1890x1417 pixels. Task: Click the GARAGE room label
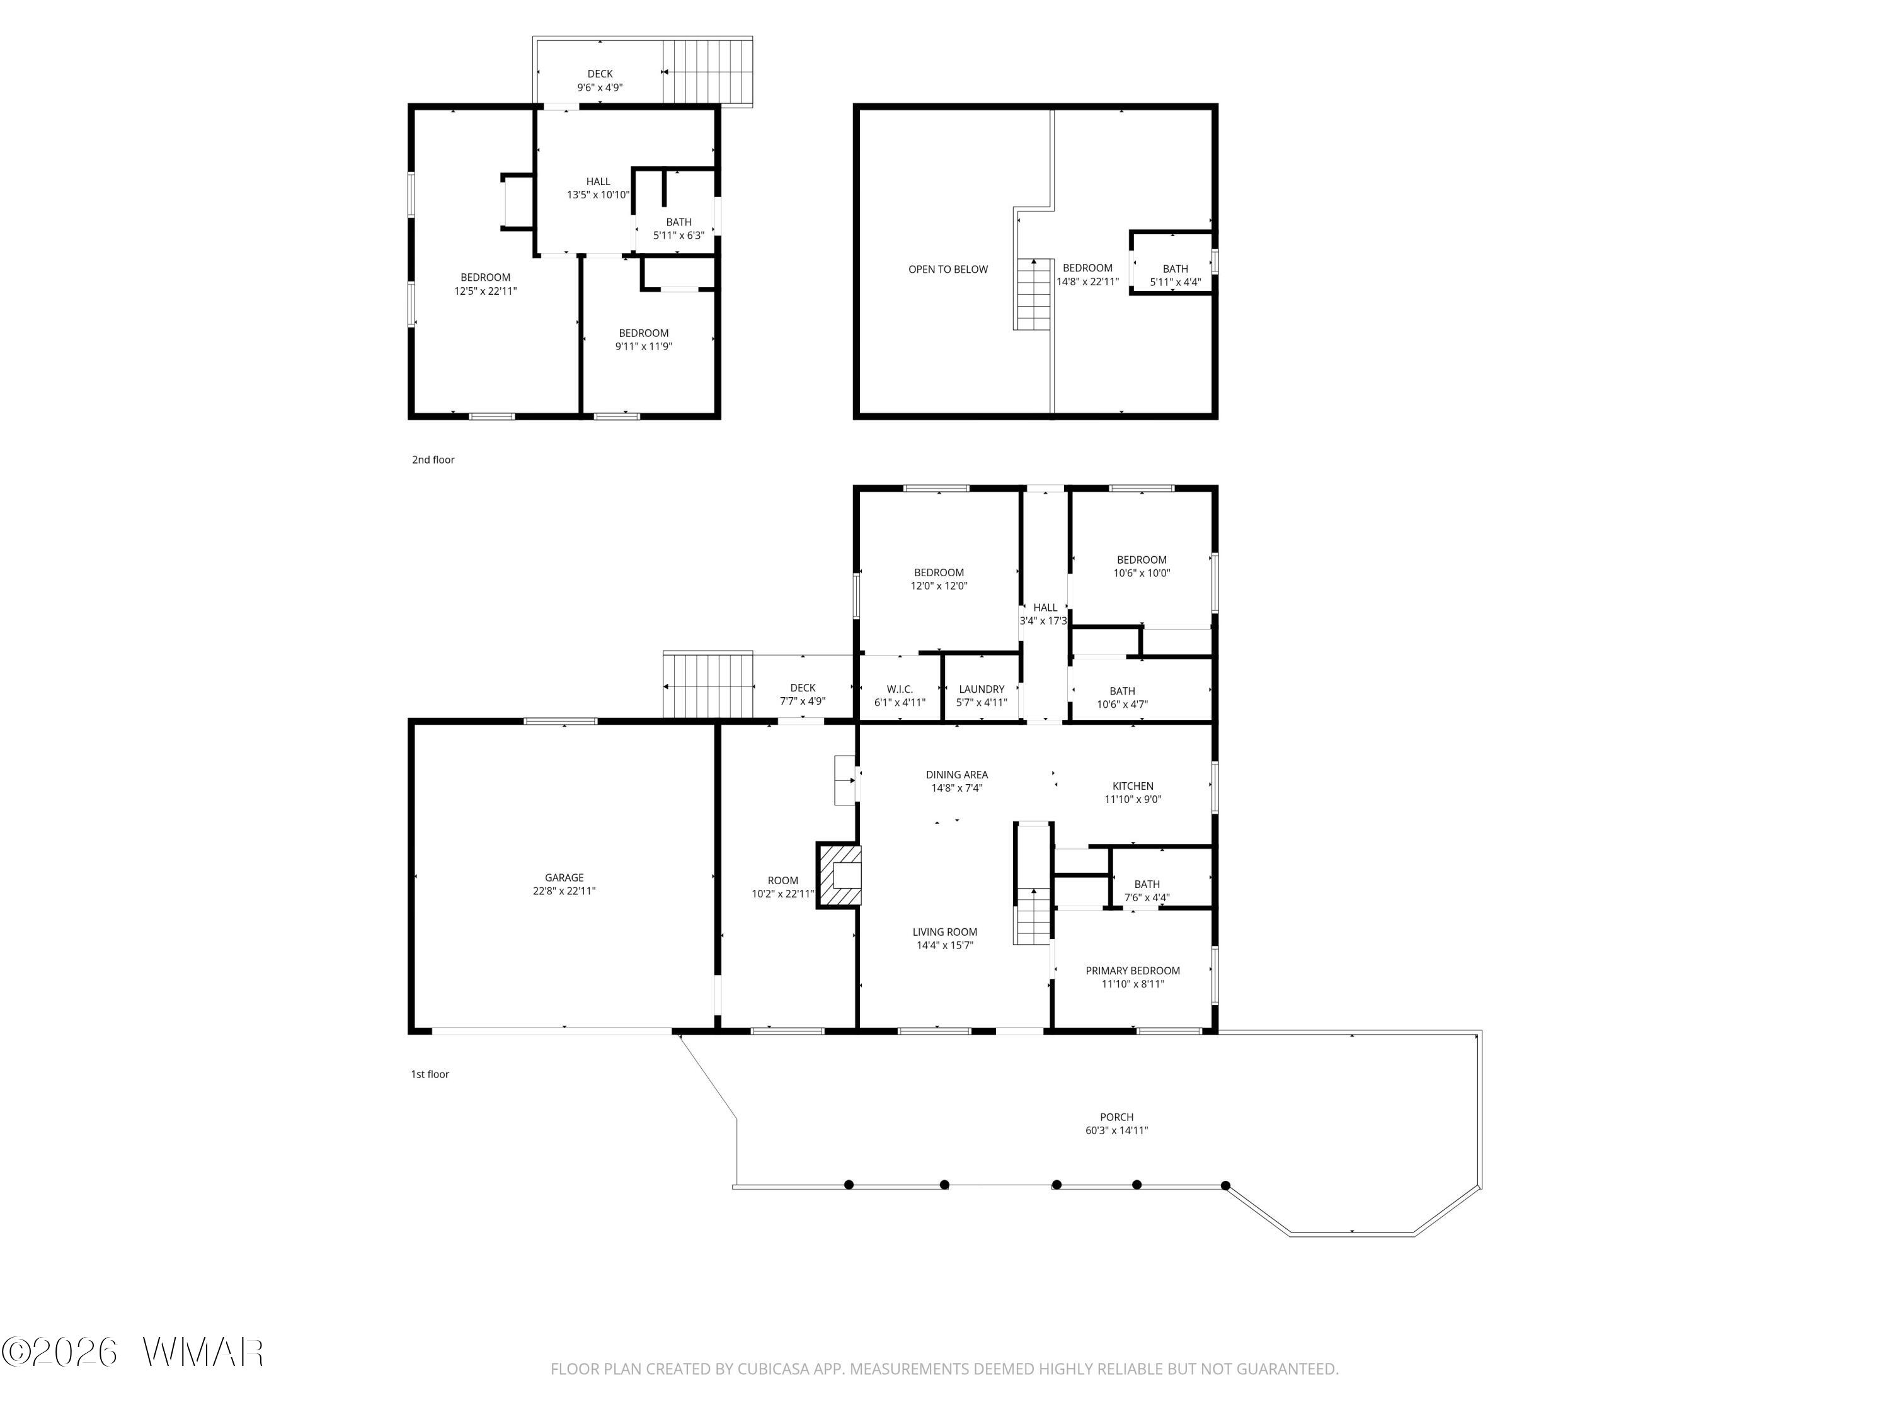tap(564, 877)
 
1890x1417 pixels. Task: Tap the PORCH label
tap(1117, 1117)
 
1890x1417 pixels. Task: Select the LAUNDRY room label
tap(982, 689)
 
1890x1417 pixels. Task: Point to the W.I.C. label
tap(900, 689)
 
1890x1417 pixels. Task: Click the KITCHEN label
tap(1133, 786)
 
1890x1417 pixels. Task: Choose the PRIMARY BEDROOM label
tap(1133, 970)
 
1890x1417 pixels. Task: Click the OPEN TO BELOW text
tap(948, 269)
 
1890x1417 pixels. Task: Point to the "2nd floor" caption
tap(433, 460)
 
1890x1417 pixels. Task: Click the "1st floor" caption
tap(430, 1074)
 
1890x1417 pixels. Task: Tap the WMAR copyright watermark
tap(132, 1352)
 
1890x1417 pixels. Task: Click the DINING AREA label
tap(957, 775)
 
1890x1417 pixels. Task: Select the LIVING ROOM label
tap(945, 932)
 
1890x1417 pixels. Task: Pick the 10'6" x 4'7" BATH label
tap(1123, 691)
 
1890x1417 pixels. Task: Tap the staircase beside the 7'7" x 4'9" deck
tap(708, 684)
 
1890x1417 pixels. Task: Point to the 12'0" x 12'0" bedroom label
tap(939, 572)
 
